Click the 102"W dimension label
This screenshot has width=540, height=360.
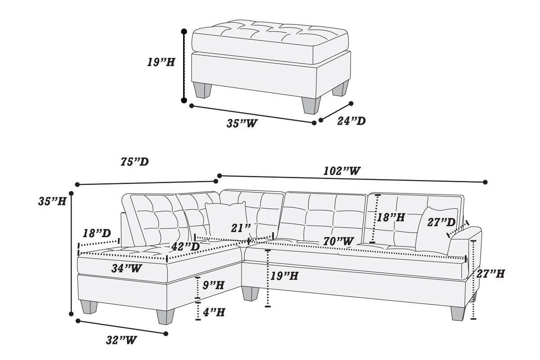[x=342, y=171]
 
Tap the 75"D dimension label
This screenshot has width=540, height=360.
[x=135, y=162]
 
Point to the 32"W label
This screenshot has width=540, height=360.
[x=121, y=340]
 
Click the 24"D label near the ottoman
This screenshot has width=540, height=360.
[x=351, y=121]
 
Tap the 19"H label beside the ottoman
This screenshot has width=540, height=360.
[x=161, y=62]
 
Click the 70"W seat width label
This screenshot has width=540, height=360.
[x=338, y=241]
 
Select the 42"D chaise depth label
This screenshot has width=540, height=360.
[x=185, y=246]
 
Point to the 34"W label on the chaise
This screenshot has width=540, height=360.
[x=126, y=268]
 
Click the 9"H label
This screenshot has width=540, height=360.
[x=213, y=285]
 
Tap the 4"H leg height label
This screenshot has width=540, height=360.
[x=214, y=312]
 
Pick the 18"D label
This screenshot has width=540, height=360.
[x=97, y=233]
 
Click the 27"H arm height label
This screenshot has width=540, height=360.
[x=490, y=274]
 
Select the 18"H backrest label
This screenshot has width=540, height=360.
[x=391, y=217]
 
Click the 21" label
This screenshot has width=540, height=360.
[x=241, y=228]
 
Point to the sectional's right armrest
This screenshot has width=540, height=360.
[x=464, y=241]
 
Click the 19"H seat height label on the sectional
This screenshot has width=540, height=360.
[x=284, y=276]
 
